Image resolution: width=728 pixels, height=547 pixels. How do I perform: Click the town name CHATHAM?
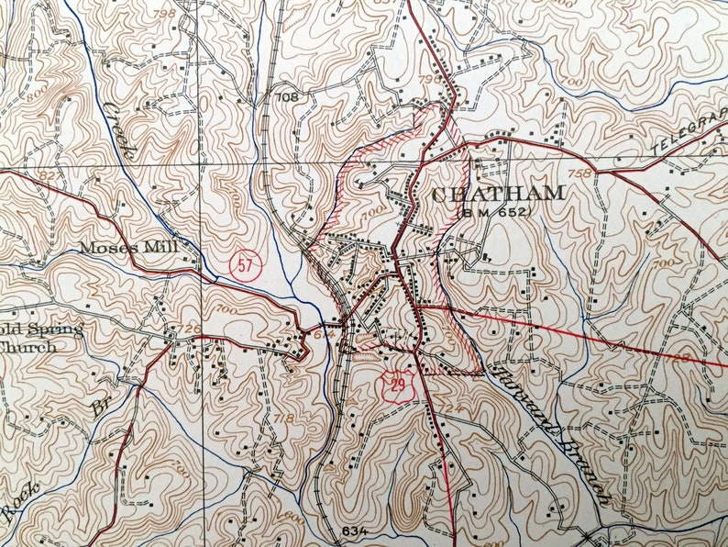[497, 194]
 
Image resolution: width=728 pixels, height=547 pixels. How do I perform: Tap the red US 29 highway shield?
[396, 385]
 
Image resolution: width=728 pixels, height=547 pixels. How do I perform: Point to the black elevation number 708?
[287, 96]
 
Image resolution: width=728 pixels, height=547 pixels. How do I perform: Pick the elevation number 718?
[285, 419]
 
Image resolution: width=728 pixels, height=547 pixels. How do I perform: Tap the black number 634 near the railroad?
[354, 531]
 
